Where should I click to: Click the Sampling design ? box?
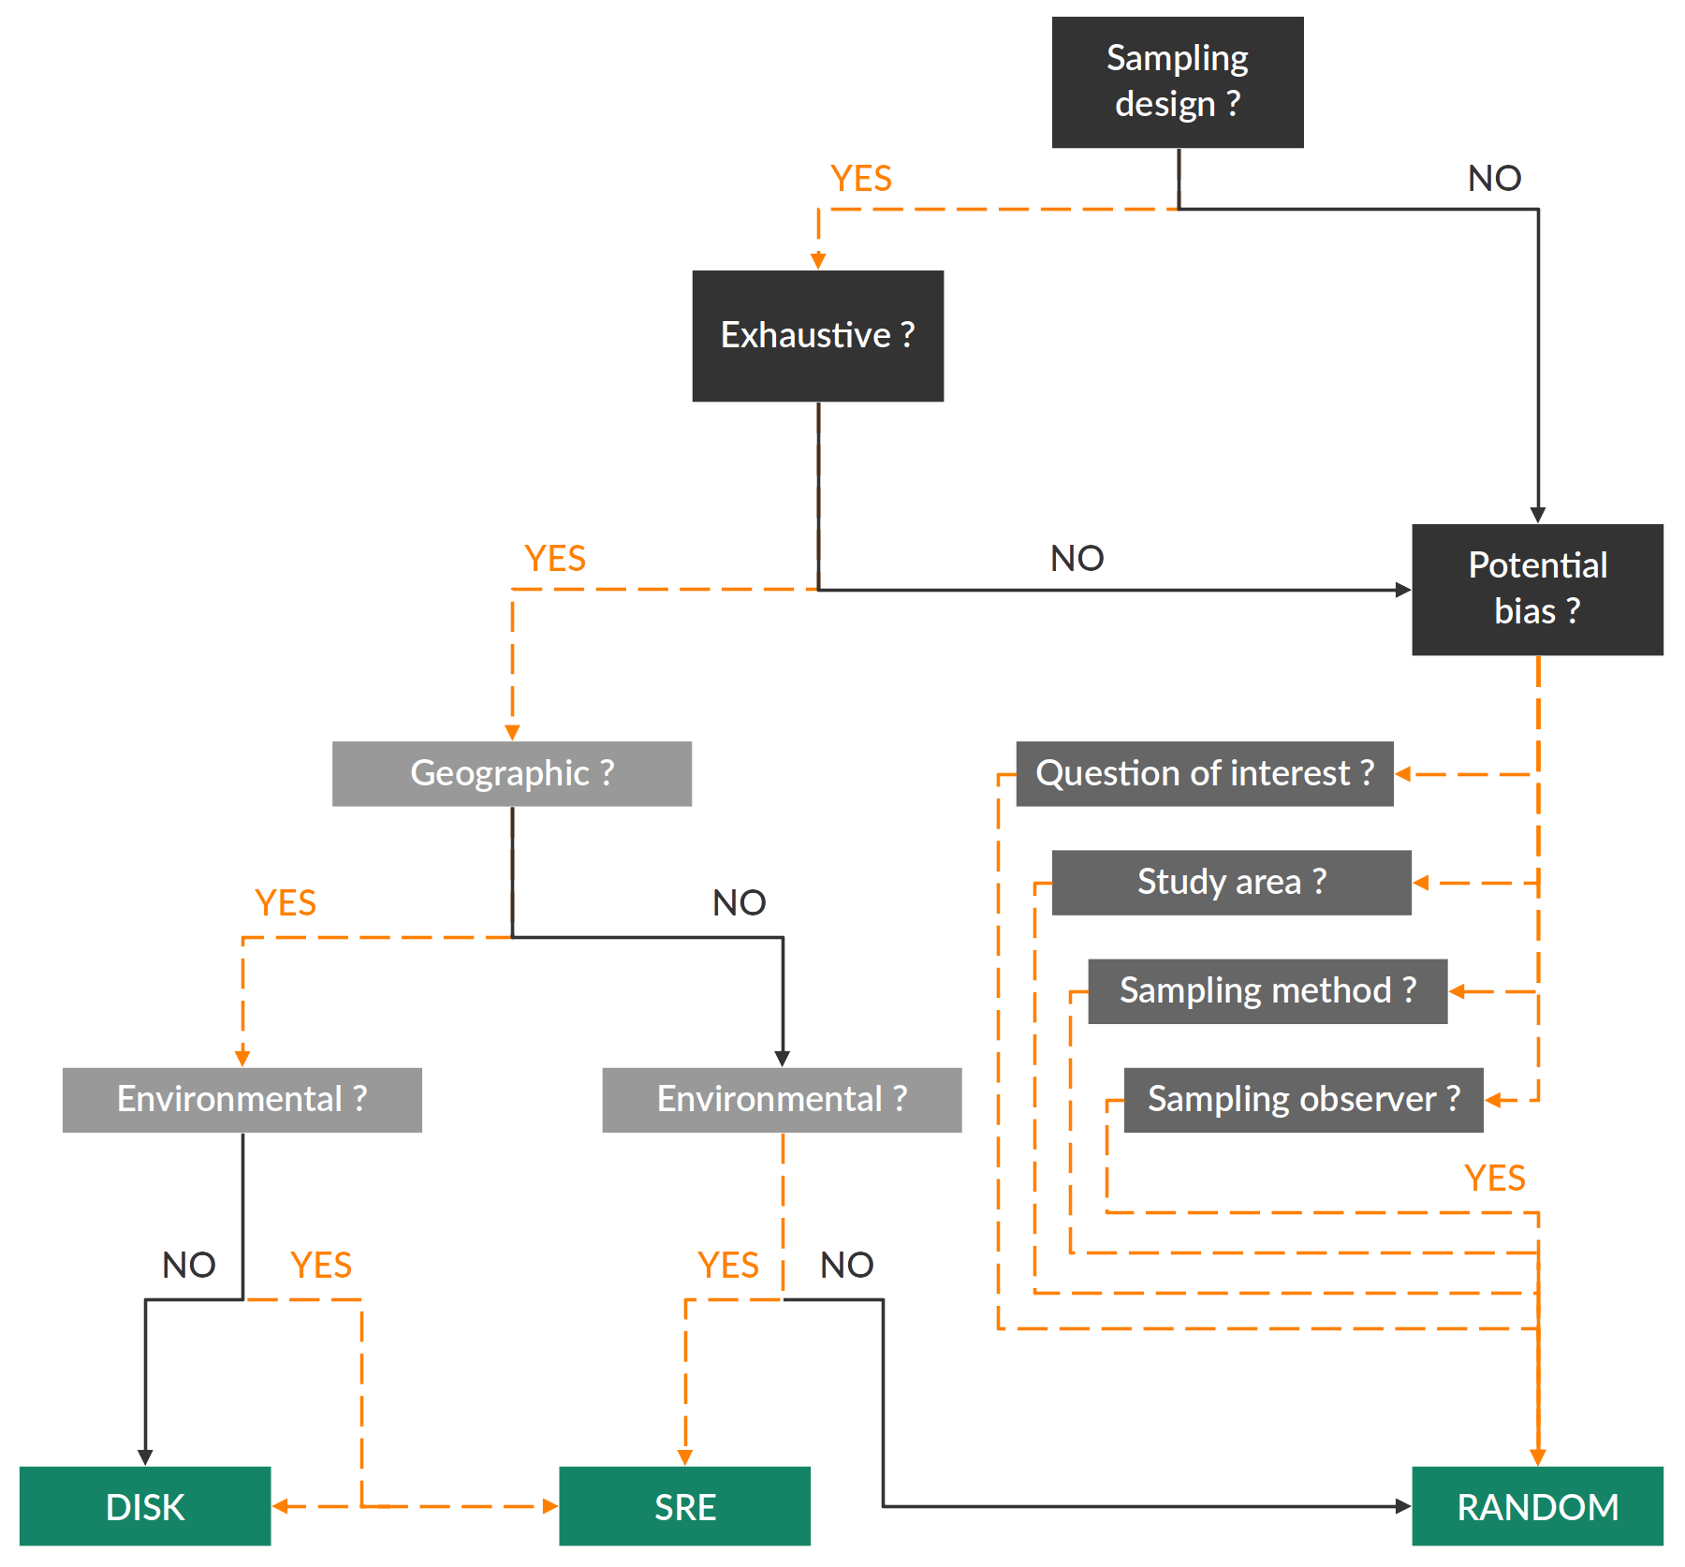tap(1177, 82)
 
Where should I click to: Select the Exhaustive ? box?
tap(817, 336)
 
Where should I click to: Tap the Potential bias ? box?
tap(1537, 589)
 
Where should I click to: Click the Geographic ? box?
tap(512, 774)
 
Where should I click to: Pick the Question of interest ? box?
tap(1205, 774)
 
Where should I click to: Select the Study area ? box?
tap(1231, 882)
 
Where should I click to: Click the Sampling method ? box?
tap(1267, 990)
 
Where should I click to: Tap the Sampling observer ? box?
tap(1303, 1099)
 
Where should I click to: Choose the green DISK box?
tap(145, 1506)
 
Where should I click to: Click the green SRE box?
tap(685, 1506)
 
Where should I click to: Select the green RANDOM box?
tap(1537, 1506)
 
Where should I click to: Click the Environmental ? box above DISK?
tap(242, 1099)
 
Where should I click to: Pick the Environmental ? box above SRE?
tap(782, 1099)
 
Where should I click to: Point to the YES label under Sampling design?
tap(861, 179)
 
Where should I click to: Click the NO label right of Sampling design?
tap(1494, 179)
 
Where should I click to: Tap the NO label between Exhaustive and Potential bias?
tap(1077, 559)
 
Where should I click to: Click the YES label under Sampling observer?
tap(1494, 1179)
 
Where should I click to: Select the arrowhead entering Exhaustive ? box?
tap(818, 261)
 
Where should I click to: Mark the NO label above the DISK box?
tap(188, 1266)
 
